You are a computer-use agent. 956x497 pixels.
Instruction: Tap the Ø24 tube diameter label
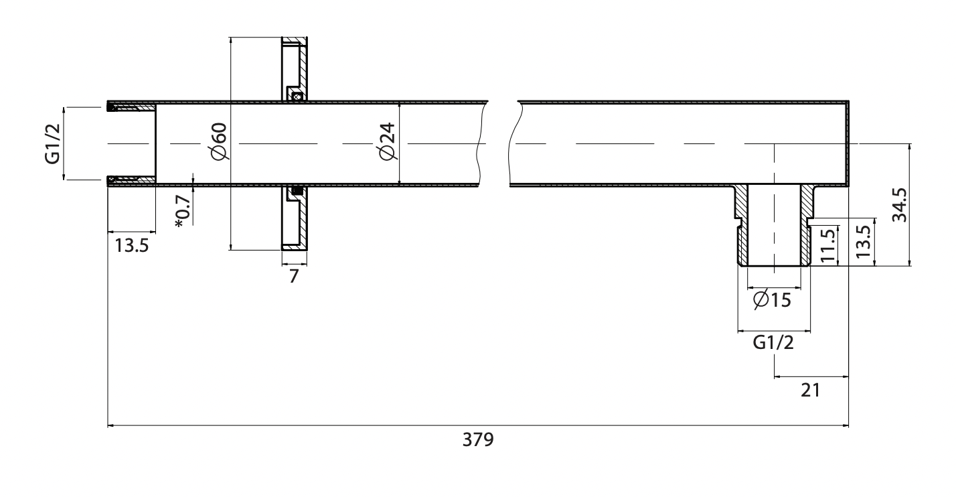click(388, 143)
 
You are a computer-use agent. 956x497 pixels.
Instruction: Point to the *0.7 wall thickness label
click(182, 211)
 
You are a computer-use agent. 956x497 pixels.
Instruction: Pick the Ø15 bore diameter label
click(771, 300)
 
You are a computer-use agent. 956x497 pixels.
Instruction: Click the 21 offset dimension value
click(811, 389)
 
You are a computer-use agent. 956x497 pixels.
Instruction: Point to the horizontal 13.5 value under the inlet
click(131, 244)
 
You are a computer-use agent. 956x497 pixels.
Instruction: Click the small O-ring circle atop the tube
click(297, 96)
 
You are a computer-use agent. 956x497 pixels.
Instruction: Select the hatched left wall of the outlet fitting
click(742, 228)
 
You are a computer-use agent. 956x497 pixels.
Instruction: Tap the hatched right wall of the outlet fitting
click(806, 228)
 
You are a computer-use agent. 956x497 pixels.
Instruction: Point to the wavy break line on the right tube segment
click(513, 143)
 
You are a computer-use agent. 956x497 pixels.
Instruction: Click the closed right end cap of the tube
click(847, 143)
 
